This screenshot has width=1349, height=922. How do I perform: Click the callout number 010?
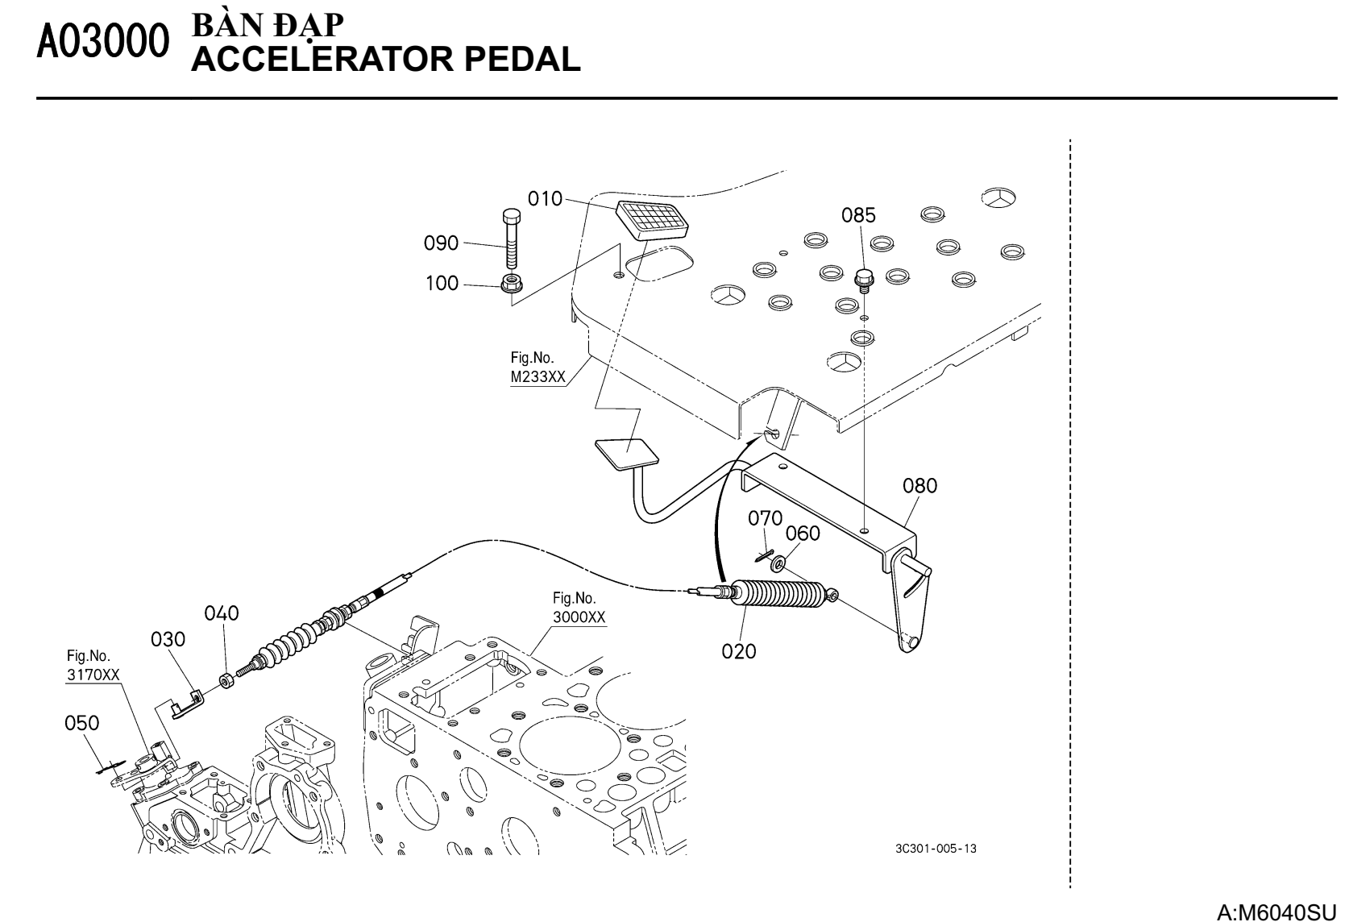click(x=545, y=198)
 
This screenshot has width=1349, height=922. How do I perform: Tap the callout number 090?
click(x=442, y=243)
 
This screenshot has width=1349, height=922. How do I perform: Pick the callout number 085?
click(x=858, y=216)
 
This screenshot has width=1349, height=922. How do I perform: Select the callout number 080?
click(x=919, y=486)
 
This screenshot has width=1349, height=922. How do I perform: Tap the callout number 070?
click(x=765, y=518)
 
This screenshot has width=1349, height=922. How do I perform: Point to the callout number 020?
click(x=739, y=651)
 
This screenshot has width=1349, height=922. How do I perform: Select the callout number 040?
click(x=222, y=613)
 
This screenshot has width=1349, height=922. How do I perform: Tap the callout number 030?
click(x=168, y=639)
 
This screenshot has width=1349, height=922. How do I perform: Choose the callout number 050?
click(x=82, y=723)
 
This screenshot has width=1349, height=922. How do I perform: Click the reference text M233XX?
click(x=538, y=378)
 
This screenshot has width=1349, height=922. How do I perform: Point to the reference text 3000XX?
click(x=579, y=617)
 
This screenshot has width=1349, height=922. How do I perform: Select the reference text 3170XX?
click(x=93, y=675)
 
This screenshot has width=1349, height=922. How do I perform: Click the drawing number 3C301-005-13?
click(x=936, y=849)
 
